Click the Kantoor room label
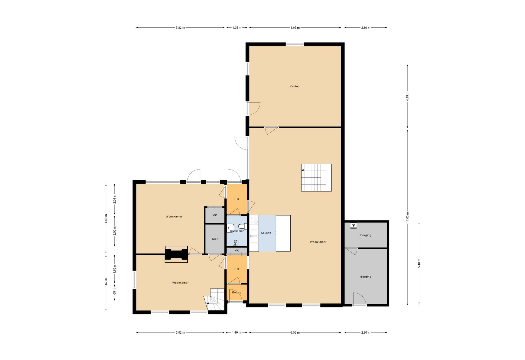click(295, 86)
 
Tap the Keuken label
click(266, 233)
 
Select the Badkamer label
click(237, 231)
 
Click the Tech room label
click(215, 239)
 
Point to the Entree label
click(237, 292)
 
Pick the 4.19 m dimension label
click(407, 96)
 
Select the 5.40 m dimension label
click(419, 263)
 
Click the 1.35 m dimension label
click(237, 28)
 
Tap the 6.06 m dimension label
click(295, 333)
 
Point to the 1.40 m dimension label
click(237, 333)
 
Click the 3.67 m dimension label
click(106, 283)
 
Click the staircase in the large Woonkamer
click(316, 177)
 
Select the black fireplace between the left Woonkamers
click(176, 254)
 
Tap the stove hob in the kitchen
click(254, 220)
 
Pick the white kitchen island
click(283, 233)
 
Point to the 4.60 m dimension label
click(106, 218)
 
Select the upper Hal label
click(237, 199)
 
